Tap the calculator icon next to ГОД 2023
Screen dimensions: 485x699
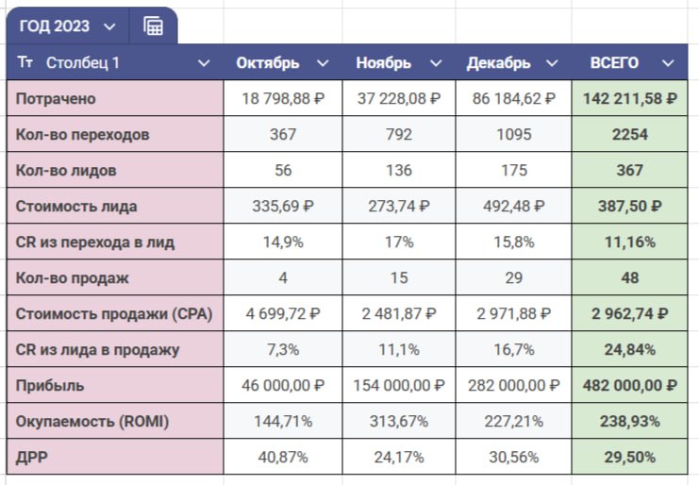[x=153, y=26]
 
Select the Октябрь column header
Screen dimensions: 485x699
[x=268, y=63]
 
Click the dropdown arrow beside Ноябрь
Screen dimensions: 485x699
[x=435, y=63]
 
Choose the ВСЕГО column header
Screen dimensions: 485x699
[x=614, y=63]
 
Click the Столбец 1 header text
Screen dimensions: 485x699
[x=83, y=63]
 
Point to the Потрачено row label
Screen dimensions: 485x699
[x=56, y=99]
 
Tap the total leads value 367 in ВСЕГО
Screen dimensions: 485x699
[x=628, y=171]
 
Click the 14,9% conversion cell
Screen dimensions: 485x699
[x=282, y=242]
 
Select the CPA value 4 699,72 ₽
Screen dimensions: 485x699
[x=282, y=314]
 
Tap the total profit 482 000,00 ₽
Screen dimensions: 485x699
[x=628, y=386]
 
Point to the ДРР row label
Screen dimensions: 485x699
[x=32, y=458]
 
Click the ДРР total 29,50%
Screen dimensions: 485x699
[x=628, y=458]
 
